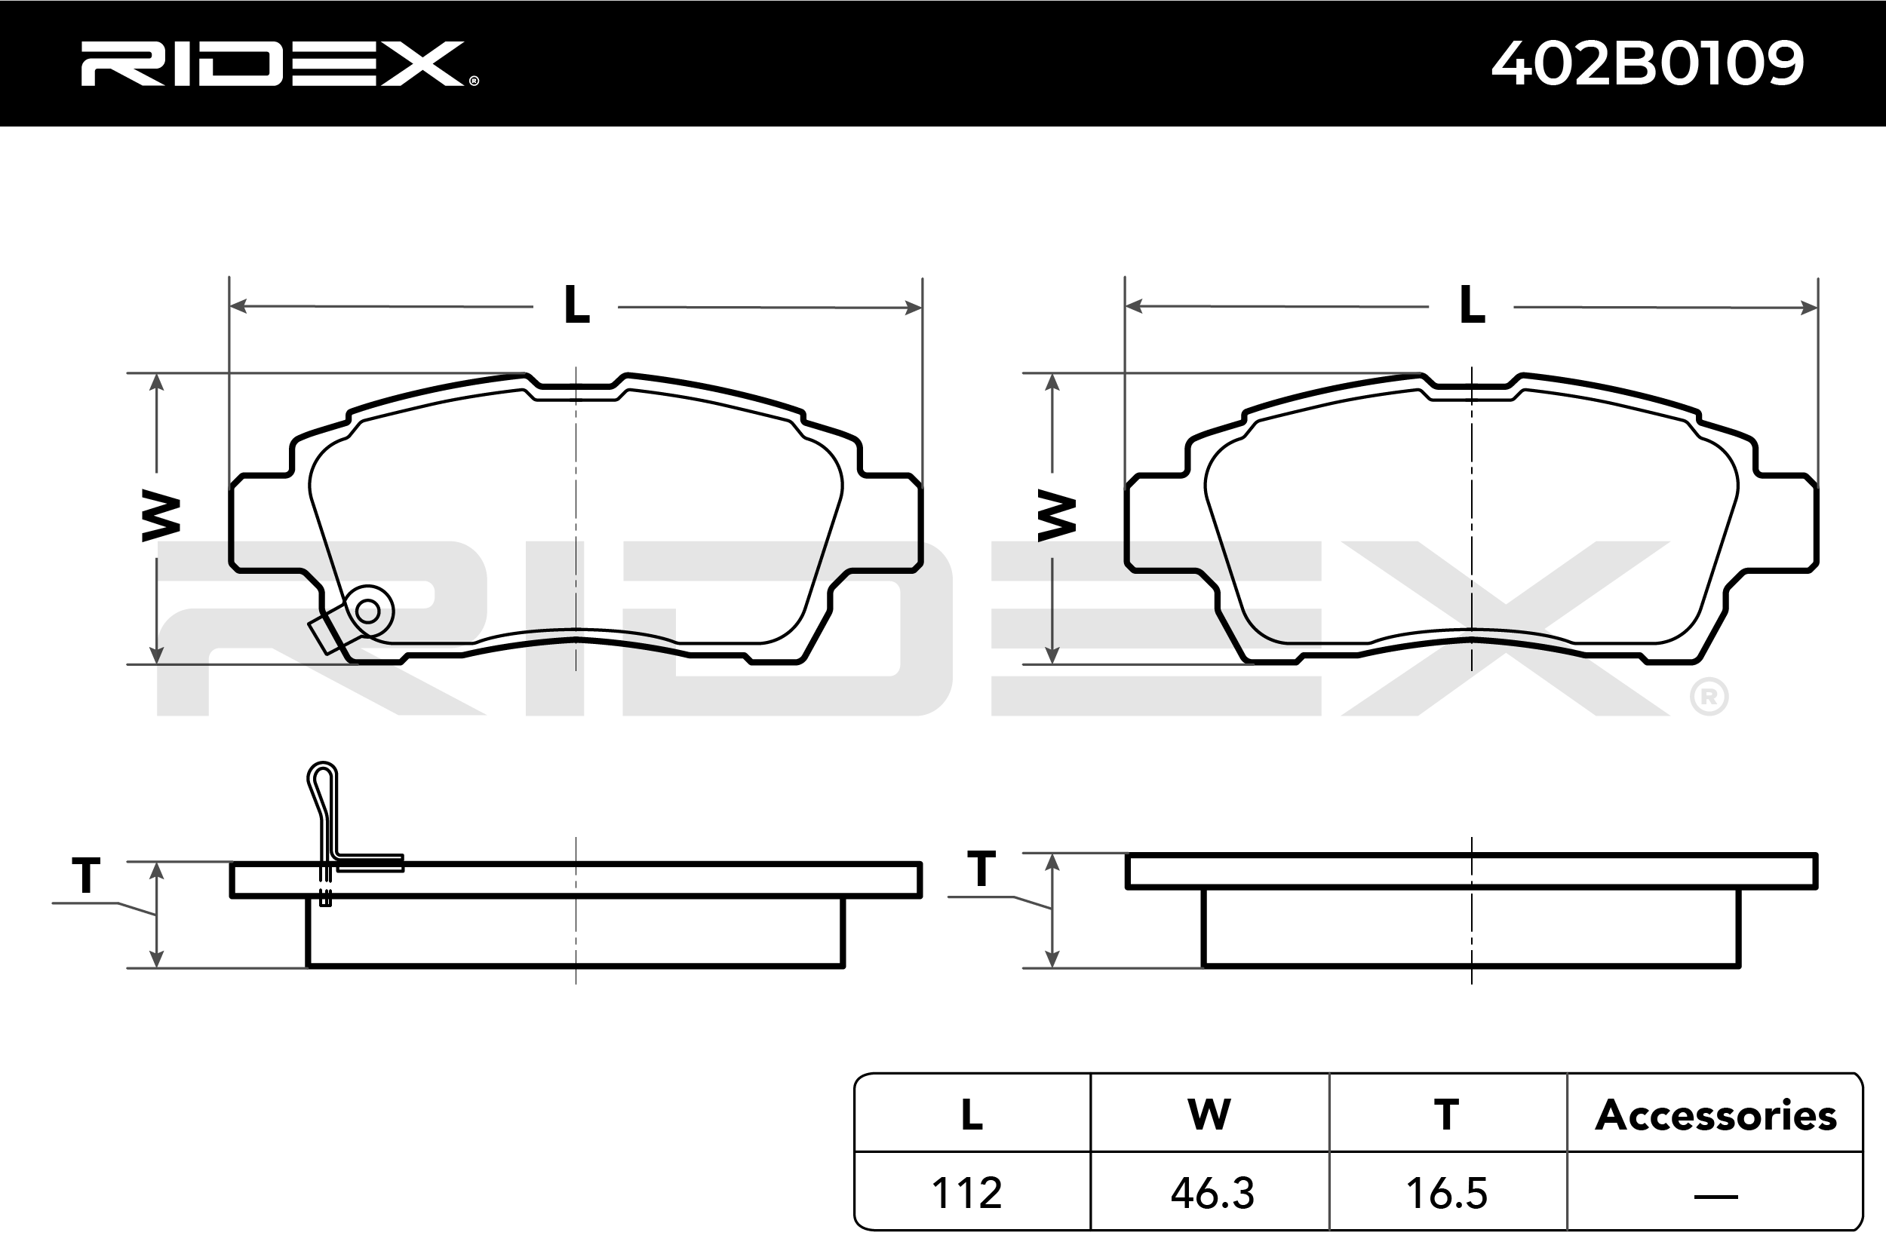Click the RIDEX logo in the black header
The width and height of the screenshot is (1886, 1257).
point(279,64)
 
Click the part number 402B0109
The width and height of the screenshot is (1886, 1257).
point(1648,63)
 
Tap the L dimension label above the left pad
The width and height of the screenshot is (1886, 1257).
point(576,305)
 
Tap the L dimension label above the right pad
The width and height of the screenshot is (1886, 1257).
point(1473,305)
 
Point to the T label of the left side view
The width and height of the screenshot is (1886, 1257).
point(87,875)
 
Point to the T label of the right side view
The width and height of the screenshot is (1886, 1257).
point(981,868)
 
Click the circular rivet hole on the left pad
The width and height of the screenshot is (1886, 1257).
point(368,612)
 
